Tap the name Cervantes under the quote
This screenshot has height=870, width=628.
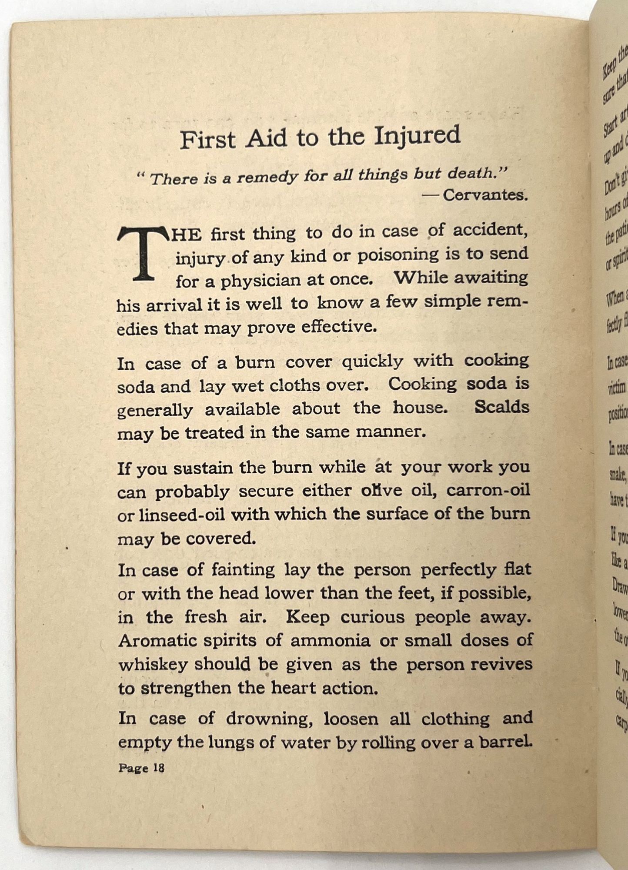485,195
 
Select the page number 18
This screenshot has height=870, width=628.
158,768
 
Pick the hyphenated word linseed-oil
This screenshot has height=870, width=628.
171,515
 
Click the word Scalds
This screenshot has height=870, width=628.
501,408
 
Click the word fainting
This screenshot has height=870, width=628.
243,570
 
